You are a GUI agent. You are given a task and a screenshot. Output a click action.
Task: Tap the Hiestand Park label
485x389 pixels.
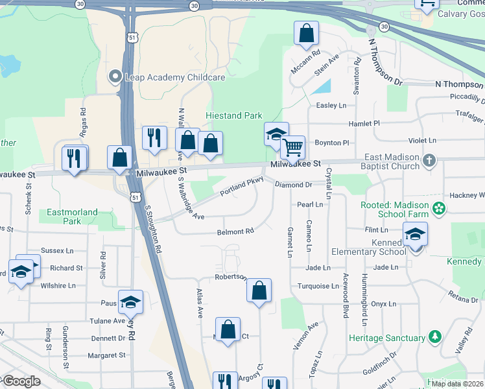tap(233, 116)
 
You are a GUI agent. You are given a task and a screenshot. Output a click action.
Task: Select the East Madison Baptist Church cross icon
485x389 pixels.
tap(429, 159)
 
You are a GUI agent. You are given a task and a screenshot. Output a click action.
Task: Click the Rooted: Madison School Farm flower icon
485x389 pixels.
tap(440, 208)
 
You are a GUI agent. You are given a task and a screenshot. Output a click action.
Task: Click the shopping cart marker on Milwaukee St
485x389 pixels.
tap(293, 148)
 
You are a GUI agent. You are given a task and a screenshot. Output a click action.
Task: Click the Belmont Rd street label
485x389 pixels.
tap(235, 231)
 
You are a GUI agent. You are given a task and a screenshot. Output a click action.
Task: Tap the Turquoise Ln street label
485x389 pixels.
tap(318, 286)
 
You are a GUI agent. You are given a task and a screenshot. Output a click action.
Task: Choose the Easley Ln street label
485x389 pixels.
tap(331, 105)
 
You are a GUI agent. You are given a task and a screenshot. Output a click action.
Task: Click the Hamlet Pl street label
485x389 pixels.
tap(364, 123)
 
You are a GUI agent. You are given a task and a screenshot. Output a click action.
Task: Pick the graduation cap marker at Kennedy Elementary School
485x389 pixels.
tap(415, 235)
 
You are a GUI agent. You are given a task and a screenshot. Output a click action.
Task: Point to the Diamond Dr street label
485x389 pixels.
tap(294, 185)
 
